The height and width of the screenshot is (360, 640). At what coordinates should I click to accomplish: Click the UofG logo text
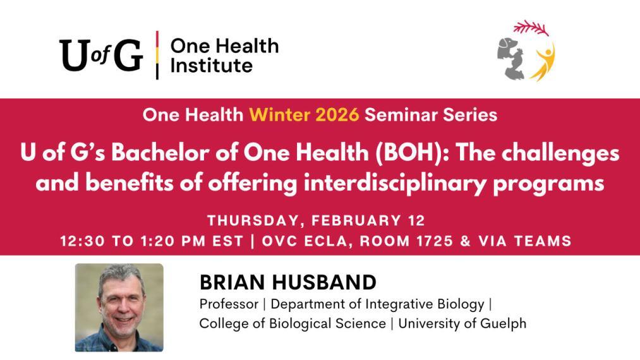[x=101, y=55]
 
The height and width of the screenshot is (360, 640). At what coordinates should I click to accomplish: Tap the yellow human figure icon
[x=543, y=63]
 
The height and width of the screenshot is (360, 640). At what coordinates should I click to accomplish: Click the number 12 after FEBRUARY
[x=415, y=221]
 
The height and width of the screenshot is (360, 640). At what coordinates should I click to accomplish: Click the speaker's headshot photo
[x=119, y=307]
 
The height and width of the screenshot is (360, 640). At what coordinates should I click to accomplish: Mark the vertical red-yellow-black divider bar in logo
[x=157, y=55]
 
